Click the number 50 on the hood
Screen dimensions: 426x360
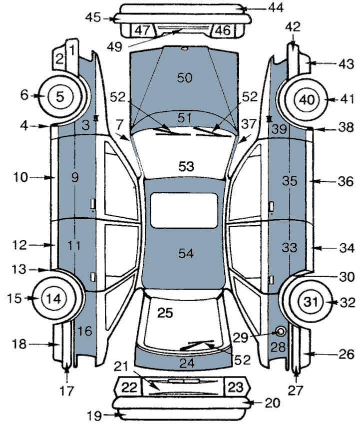pyautogui.click(x=184, y=77)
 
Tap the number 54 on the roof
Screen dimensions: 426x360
pyautogui.click(x=186, y=254)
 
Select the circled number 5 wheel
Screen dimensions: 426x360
pyautogui.click(x=60, y=96)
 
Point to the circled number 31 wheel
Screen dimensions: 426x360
pyautogui.click(x=311, y=302)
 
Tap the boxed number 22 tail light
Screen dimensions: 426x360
pyautogui.click(x=129, y=387)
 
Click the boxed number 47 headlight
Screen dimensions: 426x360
pyautogui.click(x=142, y=30)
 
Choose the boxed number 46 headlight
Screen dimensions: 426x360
pyautogui.click(x=223, y=30)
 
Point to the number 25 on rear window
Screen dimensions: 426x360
pyautogui.click(x=165, y=313)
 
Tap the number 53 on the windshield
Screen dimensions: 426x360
pyautogui.click(x=186, y=166)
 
